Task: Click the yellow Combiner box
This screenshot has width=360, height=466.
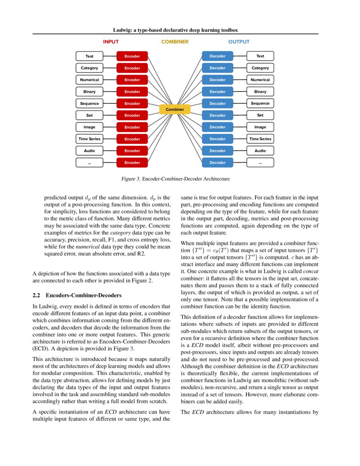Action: click(175, 110)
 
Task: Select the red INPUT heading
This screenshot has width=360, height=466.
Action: click(111, 42)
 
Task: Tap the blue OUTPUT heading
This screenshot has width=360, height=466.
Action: click(239, 42)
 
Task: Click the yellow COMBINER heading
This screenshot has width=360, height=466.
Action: click(175, 42)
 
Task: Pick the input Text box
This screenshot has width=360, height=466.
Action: click(89, 56)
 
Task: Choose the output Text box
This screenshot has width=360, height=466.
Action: click(260, 56)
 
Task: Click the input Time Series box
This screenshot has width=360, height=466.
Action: click(89, 139)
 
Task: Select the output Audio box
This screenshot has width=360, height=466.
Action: click(260, 151)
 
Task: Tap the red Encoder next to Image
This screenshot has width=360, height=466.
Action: click(132, 127)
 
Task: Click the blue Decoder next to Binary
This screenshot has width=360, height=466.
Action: click(218, 92)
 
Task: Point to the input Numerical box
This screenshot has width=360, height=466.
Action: click(89, 80)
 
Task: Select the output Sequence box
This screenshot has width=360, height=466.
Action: click(260, 103)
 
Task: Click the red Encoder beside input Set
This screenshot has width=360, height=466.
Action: click(132, 115)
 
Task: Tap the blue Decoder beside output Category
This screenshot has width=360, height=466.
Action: click(218, 68)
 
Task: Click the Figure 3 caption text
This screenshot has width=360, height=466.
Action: click(175, 179)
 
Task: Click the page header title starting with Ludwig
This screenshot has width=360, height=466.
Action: click(175, 30)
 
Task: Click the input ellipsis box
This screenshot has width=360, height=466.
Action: click(89, 163)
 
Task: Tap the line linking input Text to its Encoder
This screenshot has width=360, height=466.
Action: click(110, 56)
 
